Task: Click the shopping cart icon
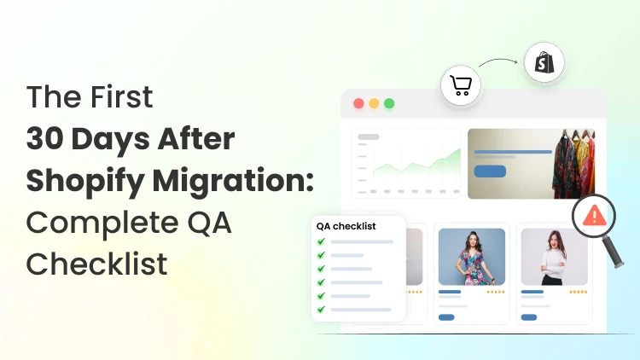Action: (461, 86)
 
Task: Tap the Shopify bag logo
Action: (544, 62)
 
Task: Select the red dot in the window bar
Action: (358, 103)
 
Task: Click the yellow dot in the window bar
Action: (374, 103)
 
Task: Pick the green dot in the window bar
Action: (389, 103)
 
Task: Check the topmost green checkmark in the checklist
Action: (322, 241)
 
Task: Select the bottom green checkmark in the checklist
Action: (322, 309)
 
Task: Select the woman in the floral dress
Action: (471, 256)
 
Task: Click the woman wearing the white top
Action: (554, 256)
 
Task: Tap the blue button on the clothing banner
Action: (490, 171)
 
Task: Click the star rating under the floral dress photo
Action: (495, 292)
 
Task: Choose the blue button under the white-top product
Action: (529, 317)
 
